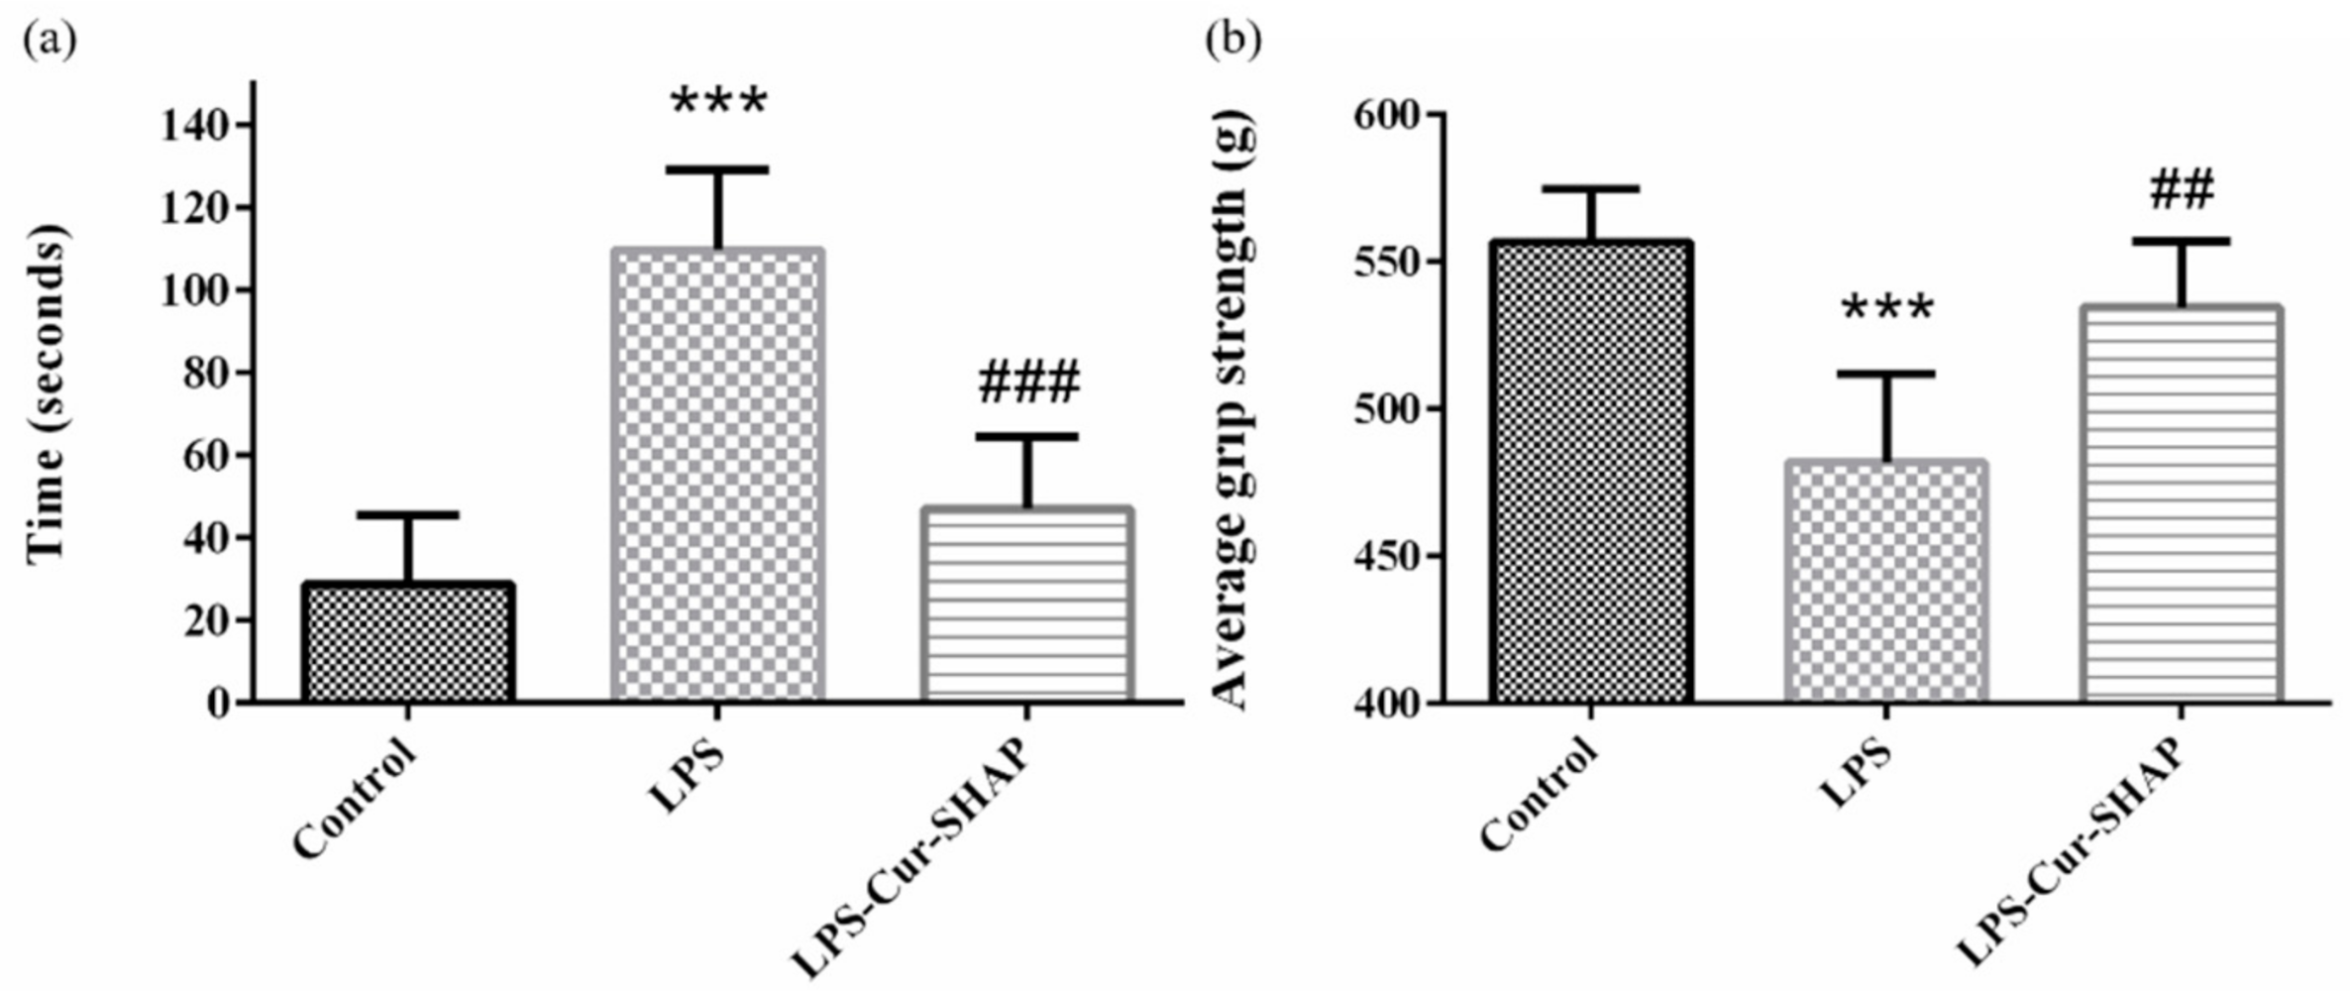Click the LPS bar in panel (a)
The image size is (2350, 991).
coord(718,476)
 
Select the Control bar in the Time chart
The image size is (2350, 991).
coord(407,643)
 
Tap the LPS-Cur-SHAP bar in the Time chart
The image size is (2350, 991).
coord(1027,606)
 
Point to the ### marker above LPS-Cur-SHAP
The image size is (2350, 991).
coord(1028,385)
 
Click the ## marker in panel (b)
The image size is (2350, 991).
coord(2182,190)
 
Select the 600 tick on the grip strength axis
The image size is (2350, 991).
coord(1386,115)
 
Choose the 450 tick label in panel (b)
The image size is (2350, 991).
coord(1386,557)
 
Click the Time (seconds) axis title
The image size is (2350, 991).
coord(48,393)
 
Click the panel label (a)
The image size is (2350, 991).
coord(49,42)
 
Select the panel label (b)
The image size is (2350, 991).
coord(1233,42)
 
